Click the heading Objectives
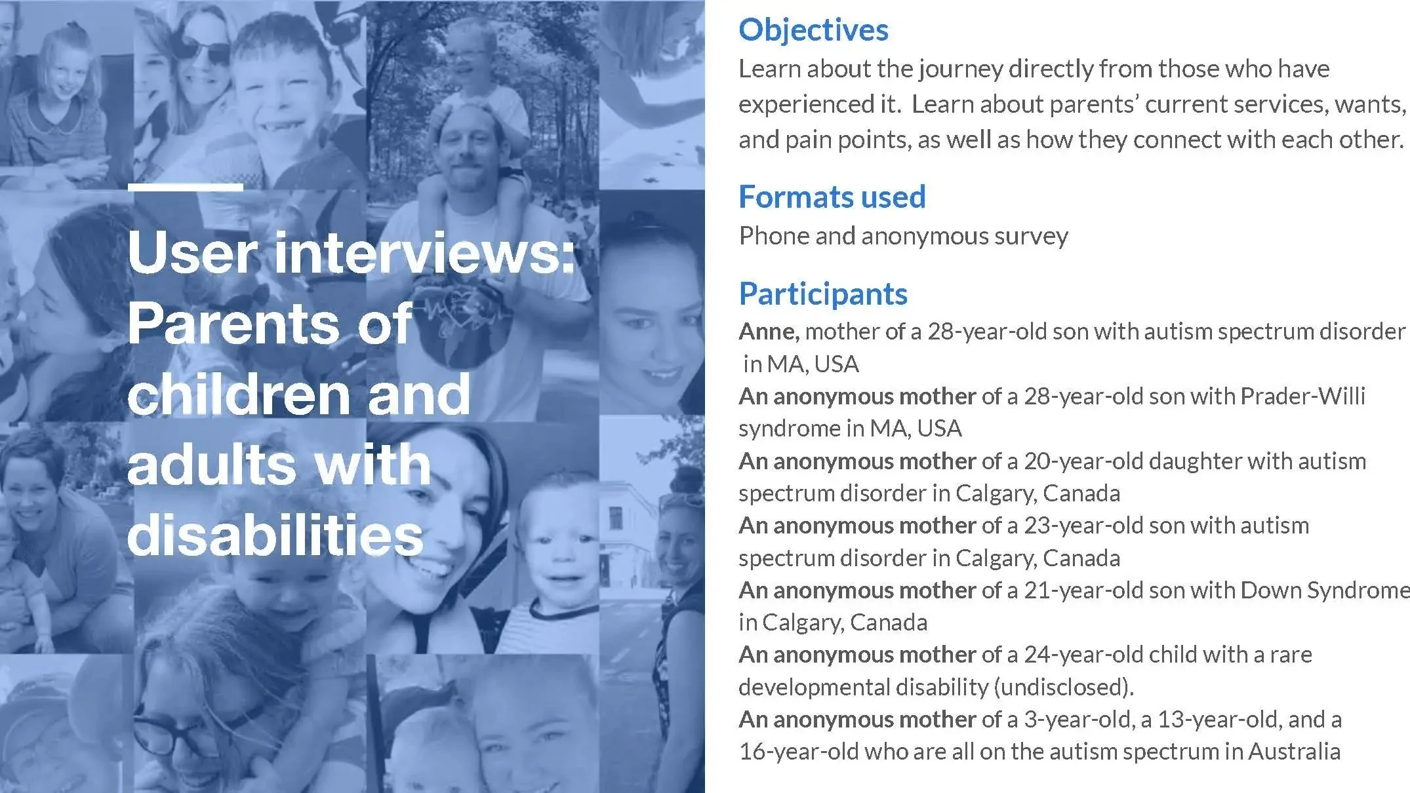[x=813, y=30]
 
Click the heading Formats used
[x=832, y=197]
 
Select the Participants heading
[x=823, y=294]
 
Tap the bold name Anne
[x=768, y=332]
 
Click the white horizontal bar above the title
[x=186, y=187]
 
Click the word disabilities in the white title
[x=275, y=535]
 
